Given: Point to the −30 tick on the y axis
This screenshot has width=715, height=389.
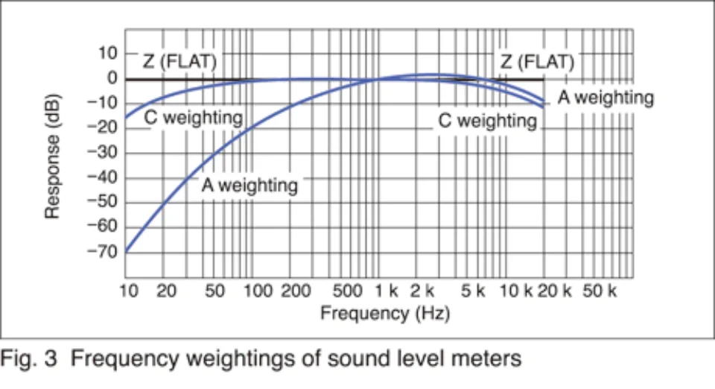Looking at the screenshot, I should (x=104, y=153).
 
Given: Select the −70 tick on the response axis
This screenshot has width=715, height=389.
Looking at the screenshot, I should (x=104, y=252).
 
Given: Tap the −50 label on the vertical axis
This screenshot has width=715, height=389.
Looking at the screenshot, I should (x=104, y=202).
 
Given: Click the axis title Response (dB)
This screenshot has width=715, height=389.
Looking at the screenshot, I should (x=53, y=156).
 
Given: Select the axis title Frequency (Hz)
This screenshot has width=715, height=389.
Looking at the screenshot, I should (x=385, y=314).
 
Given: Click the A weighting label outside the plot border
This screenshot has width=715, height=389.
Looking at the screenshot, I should (x=606, y=98).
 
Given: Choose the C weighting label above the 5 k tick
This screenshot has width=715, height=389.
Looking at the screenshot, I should (x=487, y=121).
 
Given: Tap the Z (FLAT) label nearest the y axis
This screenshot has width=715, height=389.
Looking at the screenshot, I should (x=179, y=62).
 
